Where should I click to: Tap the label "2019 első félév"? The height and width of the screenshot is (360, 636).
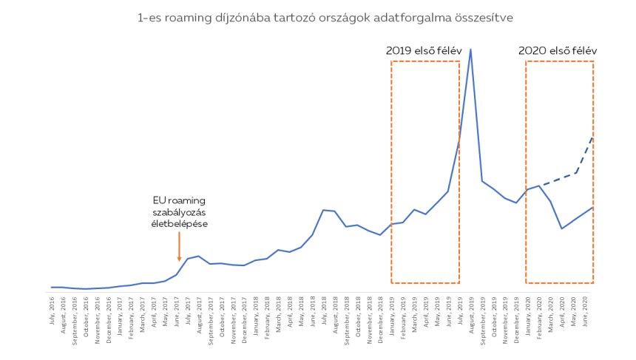tap(424, 50)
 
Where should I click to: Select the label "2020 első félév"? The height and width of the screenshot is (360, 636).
tap(558, 50)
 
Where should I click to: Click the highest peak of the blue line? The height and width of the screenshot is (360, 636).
tap(471, 50)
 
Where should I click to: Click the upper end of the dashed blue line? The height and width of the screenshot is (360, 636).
tap(593, 137)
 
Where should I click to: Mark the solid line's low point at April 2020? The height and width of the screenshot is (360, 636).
tap(562, 228)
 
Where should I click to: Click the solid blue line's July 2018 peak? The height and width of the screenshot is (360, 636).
tap(323, 210)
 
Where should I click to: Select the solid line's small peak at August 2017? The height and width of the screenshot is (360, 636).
tap(199, 256)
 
